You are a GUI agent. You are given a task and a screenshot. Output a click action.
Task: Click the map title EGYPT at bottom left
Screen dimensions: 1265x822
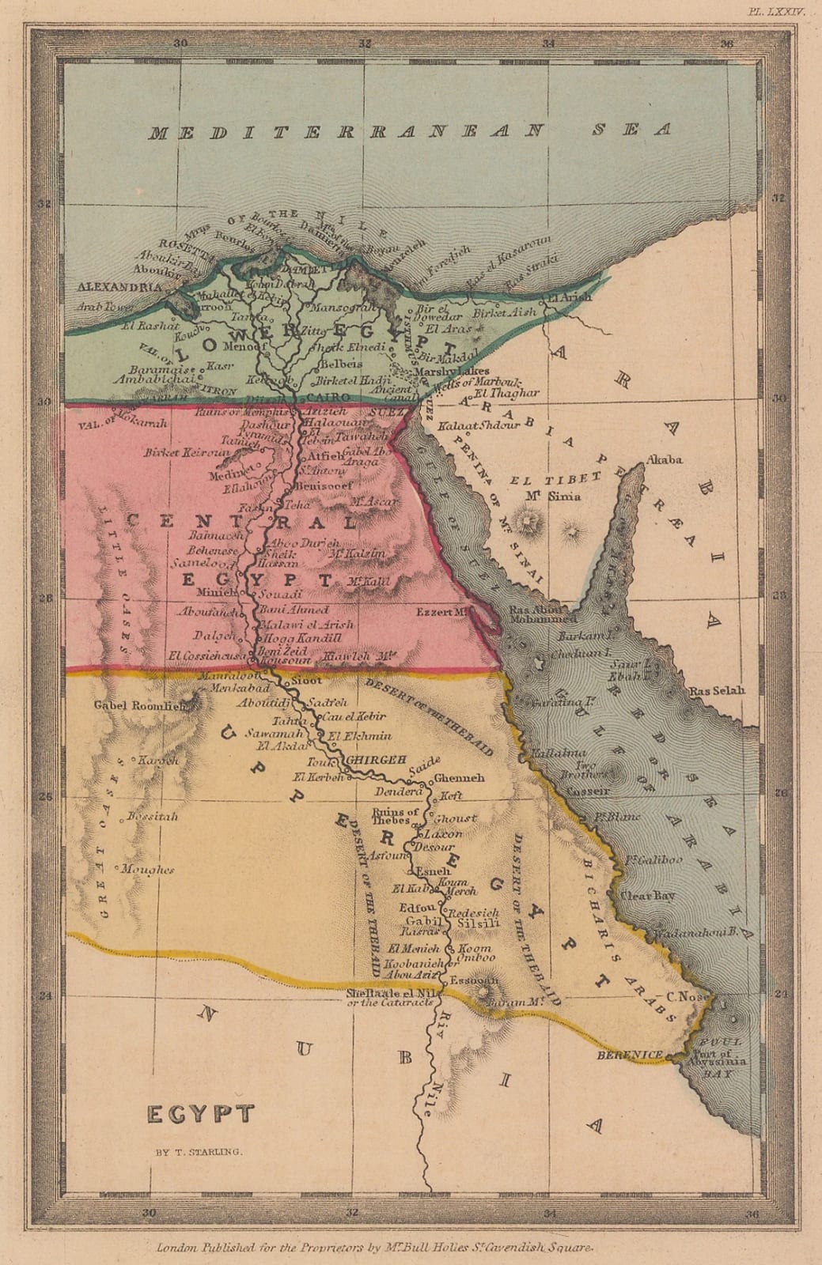click(201, 1114)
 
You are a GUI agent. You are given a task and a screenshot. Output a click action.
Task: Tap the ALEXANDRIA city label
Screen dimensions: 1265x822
click(118, 287)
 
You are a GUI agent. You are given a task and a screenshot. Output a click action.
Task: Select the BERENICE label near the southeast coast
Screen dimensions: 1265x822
click(630, 1055)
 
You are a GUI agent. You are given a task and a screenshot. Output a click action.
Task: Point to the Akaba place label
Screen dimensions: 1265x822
click(665, 459)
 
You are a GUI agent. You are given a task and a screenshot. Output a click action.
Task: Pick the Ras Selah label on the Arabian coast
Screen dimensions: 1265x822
click(717, 690)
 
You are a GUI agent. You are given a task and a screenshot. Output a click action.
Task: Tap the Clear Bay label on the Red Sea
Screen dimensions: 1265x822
click(646, 896)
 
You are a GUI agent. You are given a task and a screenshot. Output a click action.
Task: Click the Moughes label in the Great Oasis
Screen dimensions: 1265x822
click(147, 870)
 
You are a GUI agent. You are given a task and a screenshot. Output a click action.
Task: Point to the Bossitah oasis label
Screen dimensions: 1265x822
click(153, 816)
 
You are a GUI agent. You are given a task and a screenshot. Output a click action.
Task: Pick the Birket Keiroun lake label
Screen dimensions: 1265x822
click(187, 452)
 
